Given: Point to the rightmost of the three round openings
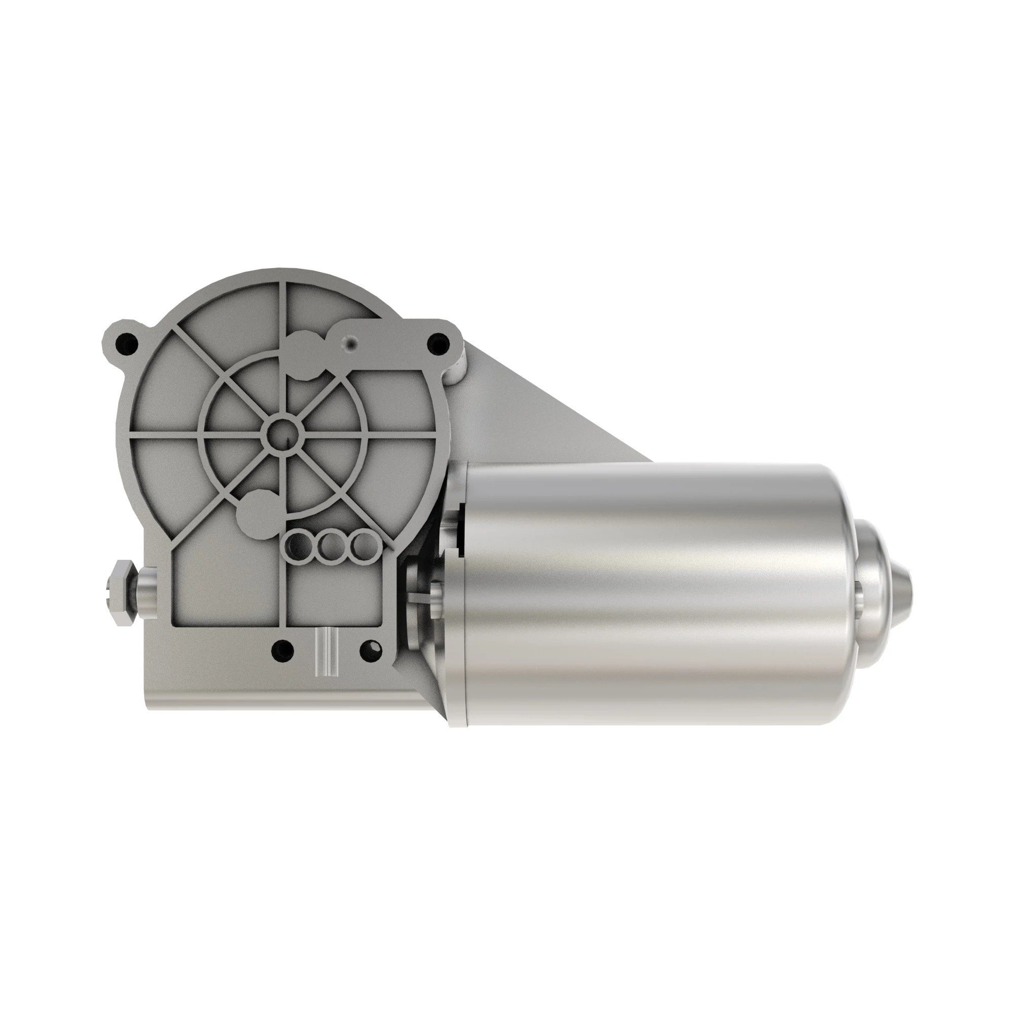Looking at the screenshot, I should tap(361, 547).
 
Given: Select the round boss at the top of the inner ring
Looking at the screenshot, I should tap(307, 354).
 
